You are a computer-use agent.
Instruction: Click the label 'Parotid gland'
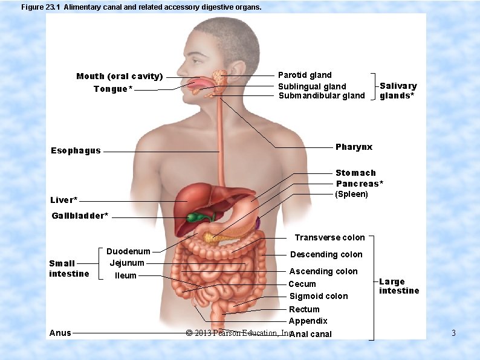click(x=304, y=76)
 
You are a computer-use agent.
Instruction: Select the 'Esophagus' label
click(x=76, y=151)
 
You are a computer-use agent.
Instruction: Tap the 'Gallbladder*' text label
click(x=80, y=216)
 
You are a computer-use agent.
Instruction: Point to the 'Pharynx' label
click(x=354, y=147)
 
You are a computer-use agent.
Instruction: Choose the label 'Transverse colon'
click(x=329, y=238)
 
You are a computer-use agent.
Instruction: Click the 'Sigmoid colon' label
click(x=318, y=297)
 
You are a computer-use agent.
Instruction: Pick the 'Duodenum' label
click(x=128, y=251)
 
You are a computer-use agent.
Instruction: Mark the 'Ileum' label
click(x=126, y=276)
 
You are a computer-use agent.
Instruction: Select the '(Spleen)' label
click(x=351, y=194)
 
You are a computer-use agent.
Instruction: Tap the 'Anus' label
click(x=60, y=333)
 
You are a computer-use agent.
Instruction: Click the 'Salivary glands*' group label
click(x=398, y=91)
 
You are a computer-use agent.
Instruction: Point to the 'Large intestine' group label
click(x=398, y=286)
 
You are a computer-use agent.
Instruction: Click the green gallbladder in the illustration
click(x=195, y=217)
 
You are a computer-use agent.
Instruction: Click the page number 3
click(x=453, y=333)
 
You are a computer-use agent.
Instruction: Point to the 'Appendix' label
click(x=308, y=321)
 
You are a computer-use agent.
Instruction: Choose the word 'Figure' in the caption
click(x=33, y=7)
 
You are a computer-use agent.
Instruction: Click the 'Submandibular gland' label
click(x=321, y=96)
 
